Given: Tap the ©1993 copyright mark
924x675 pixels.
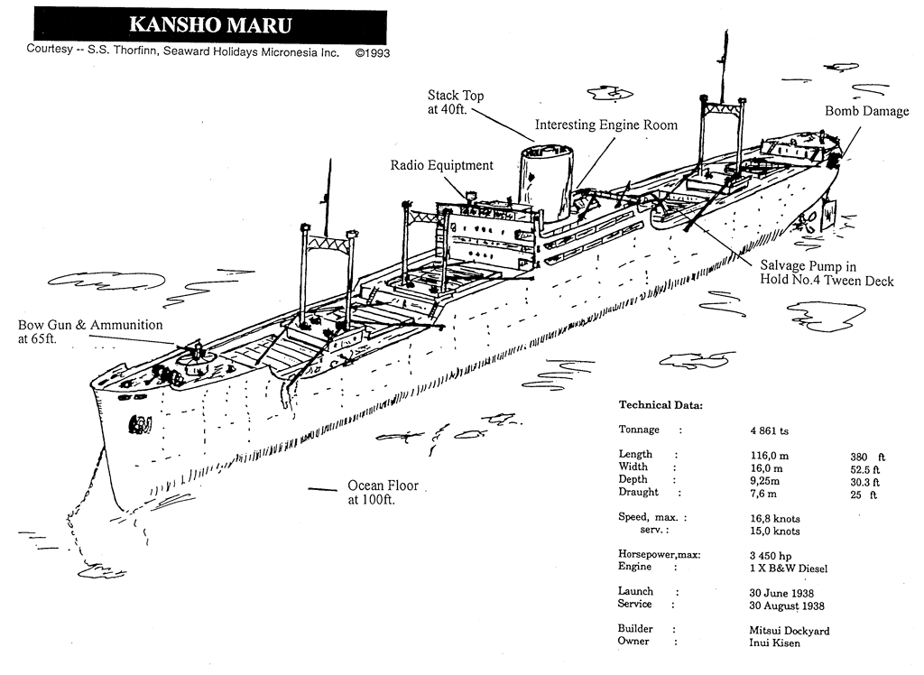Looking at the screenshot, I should click(372, 52).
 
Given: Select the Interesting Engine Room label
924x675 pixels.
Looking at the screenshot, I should click(605, 125).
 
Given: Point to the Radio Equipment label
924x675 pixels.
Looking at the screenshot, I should click(441, 166).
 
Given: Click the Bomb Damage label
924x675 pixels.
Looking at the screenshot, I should click(866, 111).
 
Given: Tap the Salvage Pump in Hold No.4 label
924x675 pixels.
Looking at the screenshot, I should click(826, 273).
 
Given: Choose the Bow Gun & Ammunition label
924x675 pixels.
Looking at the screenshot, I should click(91, 332).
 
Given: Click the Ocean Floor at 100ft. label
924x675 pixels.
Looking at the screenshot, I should click(383, 492).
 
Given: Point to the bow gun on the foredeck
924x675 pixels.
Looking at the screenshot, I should click(196, 354).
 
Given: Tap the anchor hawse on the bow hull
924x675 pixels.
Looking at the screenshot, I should click(140, 422).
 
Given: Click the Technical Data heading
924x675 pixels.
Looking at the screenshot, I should click(661, 405).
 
